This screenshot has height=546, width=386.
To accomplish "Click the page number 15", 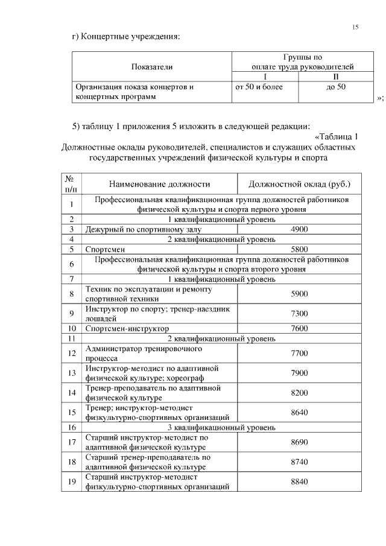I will click(355, 27).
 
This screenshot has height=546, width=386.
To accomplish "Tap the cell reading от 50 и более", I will click(259, 87).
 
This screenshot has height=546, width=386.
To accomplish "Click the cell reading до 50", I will click(336, 87).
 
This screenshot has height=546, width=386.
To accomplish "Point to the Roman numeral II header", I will click(336, 77).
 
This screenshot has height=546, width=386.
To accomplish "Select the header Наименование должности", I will click(159, 183).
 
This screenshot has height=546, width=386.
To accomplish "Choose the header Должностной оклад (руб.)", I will click(299, 183).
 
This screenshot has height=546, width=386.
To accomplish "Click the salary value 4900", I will click(299, 229).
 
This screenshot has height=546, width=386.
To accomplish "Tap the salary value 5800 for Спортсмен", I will click(299, 249).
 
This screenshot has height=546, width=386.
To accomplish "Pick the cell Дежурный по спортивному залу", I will click(143, 229).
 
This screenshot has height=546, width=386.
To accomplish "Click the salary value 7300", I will click(299, 314).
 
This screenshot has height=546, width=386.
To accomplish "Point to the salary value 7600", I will click(299, 329).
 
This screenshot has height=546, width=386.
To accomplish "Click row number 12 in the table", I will click(71, 353).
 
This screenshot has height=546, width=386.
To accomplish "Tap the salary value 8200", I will click(299, 393).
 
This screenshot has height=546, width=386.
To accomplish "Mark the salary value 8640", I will click(299, 413).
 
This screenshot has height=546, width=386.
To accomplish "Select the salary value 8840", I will click(299, 482).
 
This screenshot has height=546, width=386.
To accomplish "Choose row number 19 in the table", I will click(71, 482).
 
